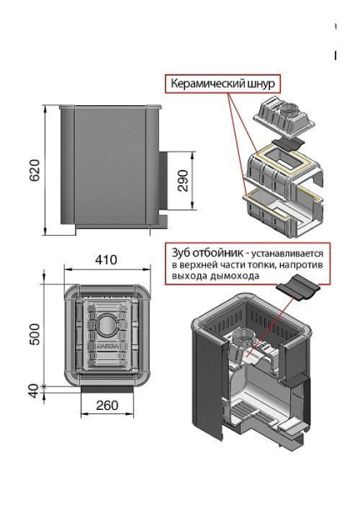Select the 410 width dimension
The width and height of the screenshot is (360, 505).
coord(106,260)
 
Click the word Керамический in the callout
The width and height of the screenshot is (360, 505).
coord(209,85)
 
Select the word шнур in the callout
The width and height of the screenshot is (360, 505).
coord(267,85)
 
